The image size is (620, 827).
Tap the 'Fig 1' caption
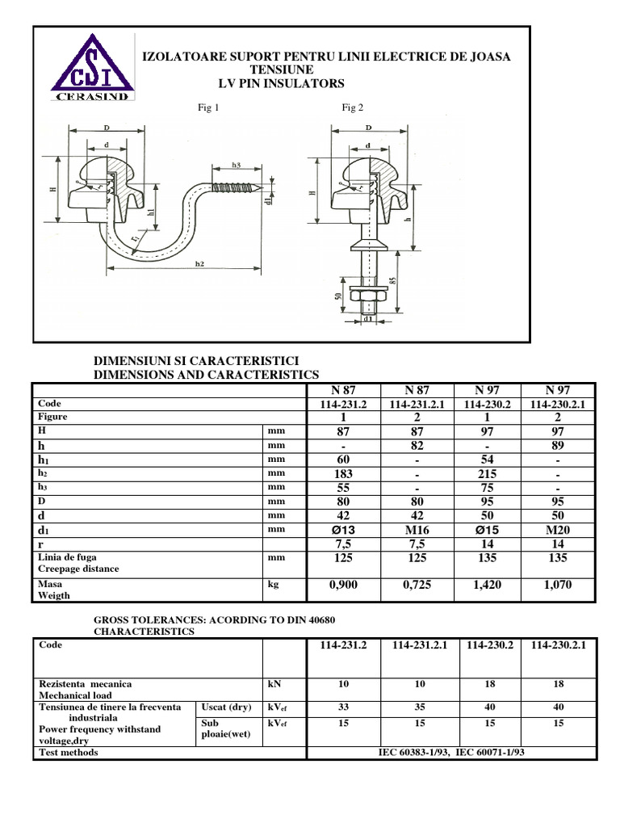click(208, 108)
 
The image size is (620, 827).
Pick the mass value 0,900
click(344, 585)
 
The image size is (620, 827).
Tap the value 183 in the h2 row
click(344, 474)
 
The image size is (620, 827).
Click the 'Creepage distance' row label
click(73, 569)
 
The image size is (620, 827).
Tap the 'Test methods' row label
click(69, 752)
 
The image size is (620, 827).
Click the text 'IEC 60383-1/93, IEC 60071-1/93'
click(452, 752)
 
